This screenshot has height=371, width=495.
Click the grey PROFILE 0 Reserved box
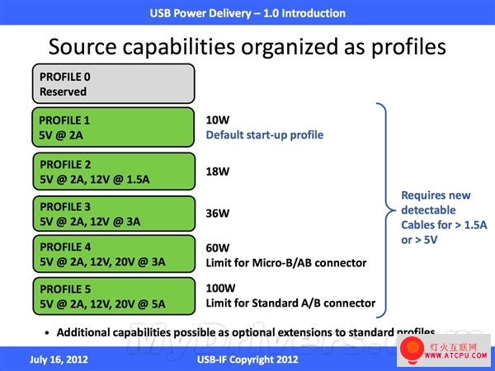[x=113, y=83]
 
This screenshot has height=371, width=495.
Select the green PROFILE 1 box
[x=113, y=127]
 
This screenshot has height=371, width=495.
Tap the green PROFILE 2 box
[x=114, y=171]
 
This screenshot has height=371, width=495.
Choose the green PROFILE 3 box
[x=114, y=214]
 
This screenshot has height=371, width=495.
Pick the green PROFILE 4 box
[x=114, y=254]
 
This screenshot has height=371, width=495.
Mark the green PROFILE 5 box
[x=114, y=296]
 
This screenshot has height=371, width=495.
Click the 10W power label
[x=218, y=120]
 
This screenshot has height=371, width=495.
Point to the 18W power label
[x=218, y=171]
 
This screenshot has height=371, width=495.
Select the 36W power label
[x=218, y=214]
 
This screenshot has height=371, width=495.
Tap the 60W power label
[x=218, y=248]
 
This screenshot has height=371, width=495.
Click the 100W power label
[x=220, y=288]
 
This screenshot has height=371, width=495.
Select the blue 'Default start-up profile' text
[x=265, y=135]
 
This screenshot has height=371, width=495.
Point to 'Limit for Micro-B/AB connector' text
[x=286, y=263]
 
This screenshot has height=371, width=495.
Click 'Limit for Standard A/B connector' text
[x=290, y=303]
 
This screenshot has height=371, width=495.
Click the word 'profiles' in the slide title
[x=408, y=47]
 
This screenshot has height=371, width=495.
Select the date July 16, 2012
[x=59, y=359]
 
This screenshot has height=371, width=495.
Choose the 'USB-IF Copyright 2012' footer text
[x=247, y=359]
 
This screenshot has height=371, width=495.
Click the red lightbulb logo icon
[x=412, y=350]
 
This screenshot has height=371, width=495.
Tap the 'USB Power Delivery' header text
[x=200, y=13]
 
